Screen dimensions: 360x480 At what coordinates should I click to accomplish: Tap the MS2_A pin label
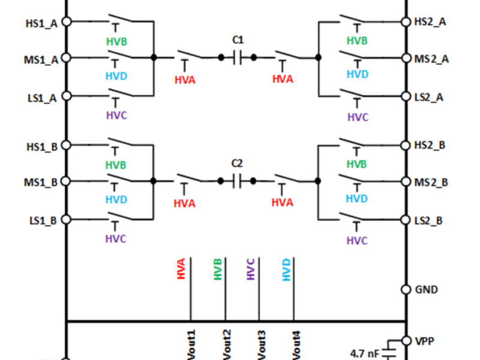(x=431, y=59)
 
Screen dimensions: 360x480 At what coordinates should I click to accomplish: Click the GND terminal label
(x=427, y=289)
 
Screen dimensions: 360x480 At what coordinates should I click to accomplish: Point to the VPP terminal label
(x=425, y=341)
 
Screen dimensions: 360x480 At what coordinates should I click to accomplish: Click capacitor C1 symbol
(x=238, y=58)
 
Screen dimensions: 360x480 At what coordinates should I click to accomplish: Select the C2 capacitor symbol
(x=238, y=181)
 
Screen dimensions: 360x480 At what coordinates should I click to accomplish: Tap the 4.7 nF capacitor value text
(x=365, y=353)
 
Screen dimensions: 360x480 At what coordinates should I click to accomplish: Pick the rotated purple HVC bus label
(x=251, y=268)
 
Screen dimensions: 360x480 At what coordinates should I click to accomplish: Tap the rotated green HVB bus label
(x=217, y=268)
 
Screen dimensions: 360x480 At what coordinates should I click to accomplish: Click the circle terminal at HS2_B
(x=406, y=145)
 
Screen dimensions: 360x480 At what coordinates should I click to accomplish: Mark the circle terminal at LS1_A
(x=67, y=96)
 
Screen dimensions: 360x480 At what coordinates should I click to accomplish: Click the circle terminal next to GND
(x=406, y=289)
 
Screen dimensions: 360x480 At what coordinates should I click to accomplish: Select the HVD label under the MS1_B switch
(x=116, y=199)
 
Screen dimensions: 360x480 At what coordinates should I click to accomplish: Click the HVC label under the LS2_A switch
(x=358, y=117)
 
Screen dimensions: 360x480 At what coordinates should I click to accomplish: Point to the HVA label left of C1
(x=185, y=79)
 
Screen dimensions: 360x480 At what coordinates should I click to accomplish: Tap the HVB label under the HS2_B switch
(x=358, y=164)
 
